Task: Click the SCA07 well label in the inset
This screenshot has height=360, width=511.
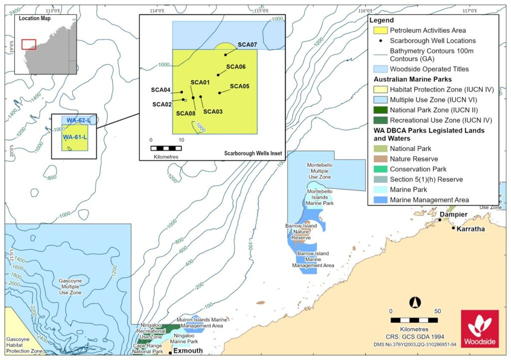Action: point(247,44)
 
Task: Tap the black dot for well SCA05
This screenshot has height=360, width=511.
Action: point(220,93)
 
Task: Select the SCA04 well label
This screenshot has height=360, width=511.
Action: point(161,90)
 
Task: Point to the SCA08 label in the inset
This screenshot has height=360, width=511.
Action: point(186,113)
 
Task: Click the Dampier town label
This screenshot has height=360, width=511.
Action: point(453,214)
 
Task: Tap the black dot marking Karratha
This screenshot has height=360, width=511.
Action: point(454,228)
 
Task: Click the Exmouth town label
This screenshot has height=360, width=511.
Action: point(188,351)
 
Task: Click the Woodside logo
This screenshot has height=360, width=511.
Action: point(480,329)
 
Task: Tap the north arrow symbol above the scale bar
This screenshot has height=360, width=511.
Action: point(413,302)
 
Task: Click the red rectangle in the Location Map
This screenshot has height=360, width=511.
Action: point(28,44)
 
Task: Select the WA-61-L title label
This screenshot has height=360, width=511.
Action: point(75,137)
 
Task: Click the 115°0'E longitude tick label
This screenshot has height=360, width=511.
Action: point(261,10)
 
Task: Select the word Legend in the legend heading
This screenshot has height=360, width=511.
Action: point(382,20)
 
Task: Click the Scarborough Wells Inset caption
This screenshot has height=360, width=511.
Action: point(252,154)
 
